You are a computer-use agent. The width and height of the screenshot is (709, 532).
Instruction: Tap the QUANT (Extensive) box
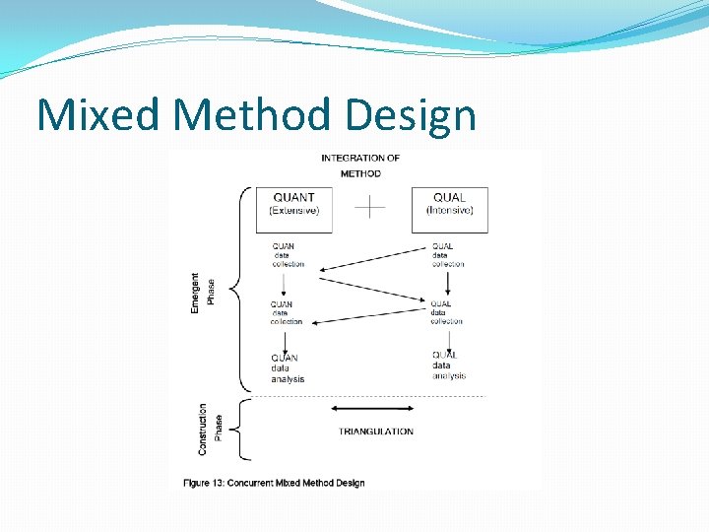tap(294, 205)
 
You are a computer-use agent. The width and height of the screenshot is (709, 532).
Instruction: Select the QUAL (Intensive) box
tap(449, 205)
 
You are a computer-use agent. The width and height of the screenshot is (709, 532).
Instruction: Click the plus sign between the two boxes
tap(370, 207)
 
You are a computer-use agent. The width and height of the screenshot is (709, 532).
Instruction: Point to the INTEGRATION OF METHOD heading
tap(360, 166)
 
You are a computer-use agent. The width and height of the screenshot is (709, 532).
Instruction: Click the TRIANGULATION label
tap(375, 432)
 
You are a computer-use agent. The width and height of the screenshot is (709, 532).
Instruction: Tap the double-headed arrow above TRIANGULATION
tap(372, 409)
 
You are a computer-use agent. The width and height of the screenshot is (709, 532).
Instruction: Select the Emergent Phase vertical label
tap(202, 294)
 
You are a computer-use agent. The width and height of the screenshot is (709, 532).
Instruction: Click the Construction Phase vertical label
tap(210, 429)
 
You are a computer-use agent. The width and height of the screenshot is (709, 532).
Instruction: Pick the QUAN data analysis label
tap(288, 368)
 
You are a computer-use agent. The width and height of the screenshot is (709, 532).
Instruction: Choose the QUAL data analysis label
tap(448, 366)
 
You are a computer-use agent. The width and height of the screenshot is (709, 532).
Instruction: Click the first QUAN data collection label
tap(288, 255)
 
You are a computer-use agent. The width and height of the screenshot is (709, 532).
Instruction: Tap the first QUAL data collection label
tap(447, 255)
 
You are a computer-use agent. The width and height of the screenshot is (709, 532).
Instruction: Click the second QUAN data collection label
tap(286, 313)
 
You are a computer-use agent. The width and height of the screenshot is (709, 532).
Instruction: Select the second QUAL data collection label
tap(446, 312)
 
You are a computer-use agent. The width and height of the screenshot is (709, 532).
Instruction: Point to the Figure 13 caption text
tap(274, 483)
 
